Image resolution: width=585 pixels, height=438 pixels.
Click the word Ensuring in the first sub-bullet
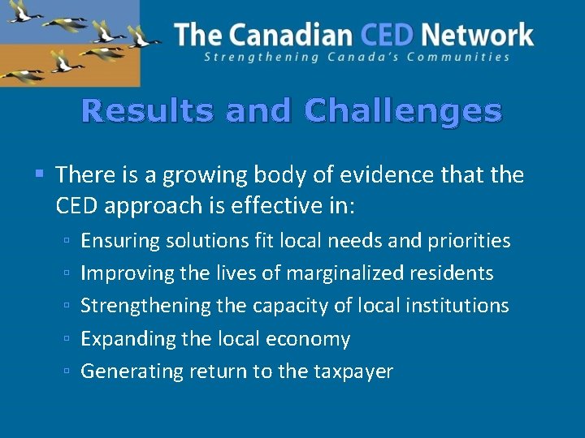pyautogui.click(x=120, y=241)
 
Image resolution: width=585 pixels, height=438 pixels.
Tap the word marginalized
pyautogui.click(x=351, y=273)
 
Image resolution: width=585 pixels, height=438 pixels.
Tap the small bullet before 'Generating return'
pyautogui.click(x=67, y=372)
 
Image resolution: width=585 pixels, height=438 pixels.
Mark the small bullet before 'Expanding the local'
pyautogui.click(x=67, y=339)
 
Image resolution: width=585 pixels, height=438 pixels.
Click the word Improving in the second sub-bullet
pyautogui.click(x=127, y=273)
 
